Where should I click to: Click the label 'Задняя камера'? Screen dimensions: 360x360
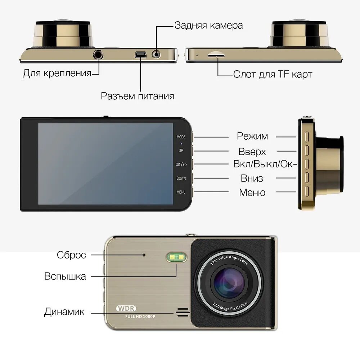(208, 25)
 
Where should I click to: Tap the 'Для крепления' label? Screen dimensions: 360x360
(57, 73)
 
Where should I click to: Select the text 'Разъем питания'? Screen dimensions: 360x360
(137, 96)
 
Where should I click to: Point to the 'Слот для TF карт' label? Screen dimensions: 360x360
(273, 75)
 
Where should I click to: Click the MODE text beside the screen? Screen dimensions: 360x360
(181, 137)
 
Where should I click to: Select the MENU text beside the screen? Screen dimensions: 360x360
(181, 192)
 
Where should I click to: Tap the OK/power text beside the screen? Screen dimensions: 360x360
(181, 165)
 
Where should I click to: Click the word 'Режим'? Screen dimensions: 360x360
(252, 136)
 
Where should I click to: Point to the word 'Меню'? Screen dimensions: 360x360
(252, 193)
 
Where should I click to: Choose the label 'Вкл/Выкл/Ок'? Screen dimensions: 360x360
(265, 165)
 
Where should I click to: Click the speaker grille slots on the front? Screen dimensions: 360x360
(183, 312)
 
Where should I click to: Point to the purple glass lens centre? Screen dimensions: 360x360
(229, 282)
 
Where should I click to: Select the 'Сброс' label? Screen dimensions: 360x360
(71, 255)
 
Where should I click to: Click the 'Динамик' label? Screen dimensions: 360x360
(64, 312)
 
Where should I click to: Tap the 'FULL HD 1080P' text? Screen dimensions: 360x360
(140, 316)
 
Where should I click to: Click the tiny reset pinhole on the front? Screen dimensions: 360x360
(144, 255)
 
